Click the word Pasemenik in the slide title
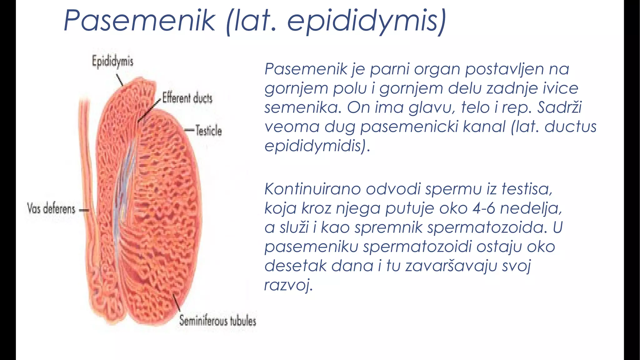[x=139, y=21]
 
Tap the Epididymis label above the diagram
[x=112, y=61]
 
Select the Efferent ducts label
[x=187, y=98]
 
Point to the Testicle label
[x=208, y=130]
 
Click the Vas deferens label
[x=51, y=208]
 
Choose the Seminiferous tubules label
[x=217, y=321]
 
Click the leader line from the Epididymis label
[x=120, y=80]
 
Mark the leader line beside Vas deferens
[x=84, y=210]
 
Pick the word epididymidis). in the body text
[x=317, y=146]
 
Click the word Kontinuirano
[x=312, y=189]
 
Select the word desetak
[x=295, y=266]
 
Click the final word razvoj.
[x=288, y=285]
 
